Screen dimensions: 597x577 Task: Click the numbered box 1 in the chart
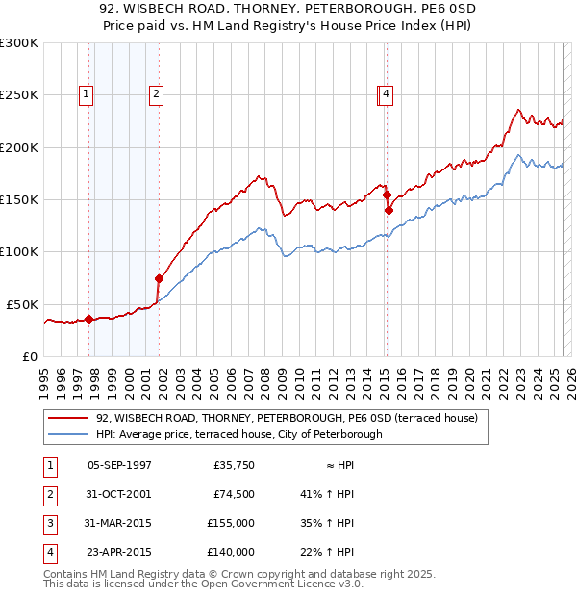click(87, 94)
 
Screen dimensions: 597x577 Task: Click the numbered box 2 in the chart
click(155, 94)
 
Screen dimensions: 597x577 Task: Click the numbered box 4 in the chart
click(385, 94)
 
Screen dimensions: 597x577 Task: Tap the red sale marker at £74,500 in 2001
click(160, 278)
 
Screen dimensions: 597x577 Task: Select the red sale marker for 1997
click(88, 319)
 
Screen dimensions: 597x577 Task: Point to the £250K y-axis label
click(19, 95)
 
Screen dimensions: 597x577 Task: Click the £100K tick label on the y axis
click(19, 251)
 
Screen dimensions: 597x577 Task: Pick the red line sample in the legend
click(66, 418)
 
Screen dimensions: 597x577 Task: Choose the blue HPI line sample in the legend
click(66, 434)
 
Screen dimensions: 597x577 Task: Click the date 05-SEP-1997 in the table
click(119, 465)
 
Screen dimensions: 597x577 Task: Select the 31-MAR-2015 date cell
click(119, 523)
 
